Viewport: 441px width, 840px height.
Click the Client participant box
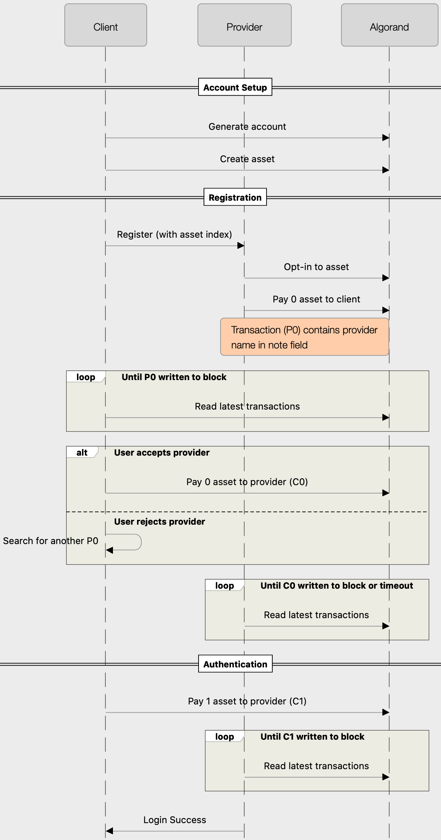(x=105, y=25)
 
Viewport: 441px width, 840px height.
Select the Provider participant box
(x=244, y=25)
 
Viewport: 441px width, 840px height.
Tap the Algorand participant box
(x=389, y=25)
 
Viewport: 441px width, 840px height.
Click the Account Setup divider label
(x=235, y=87)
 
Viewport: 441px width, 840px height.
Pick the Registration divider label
(x=235, y=197)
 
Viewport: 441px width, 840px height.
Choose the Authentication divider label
(x=235, y=664)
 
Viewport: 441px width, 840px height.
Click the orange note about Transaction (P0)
(x=304, y=337)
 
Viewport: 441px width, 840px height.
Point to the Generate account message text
(x=247, y=127)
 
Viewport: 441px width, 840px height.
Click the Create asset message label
(x=247, y=159)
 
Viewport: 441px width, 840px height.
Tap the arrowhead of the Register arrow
(x=241, y=246)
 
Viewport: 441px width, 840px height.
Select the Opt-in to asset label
(x=316, y=267)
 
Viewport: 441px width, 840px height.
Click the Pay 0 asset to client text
(x=316, y=299)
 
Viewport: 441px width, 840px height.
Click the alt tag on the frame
(x=82, y=452)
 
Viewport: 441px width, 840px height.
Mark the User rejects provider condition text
(x=159, y=521)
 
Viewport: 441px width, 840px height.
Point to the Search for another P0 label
(x=50, y=541)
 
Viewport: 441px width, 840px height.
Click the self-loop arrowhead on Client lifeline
(x=109, y=550)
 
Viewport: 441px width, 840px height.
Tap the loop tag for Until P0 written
(x=86, y=377)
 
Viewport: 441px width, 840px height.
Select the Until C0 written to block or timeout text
(x=337, y=585)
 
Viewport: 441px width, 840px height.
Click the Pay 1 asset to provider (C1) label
(x=247, y=701)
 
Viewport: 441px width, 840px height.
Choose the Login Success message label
(x=174, y=820)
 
